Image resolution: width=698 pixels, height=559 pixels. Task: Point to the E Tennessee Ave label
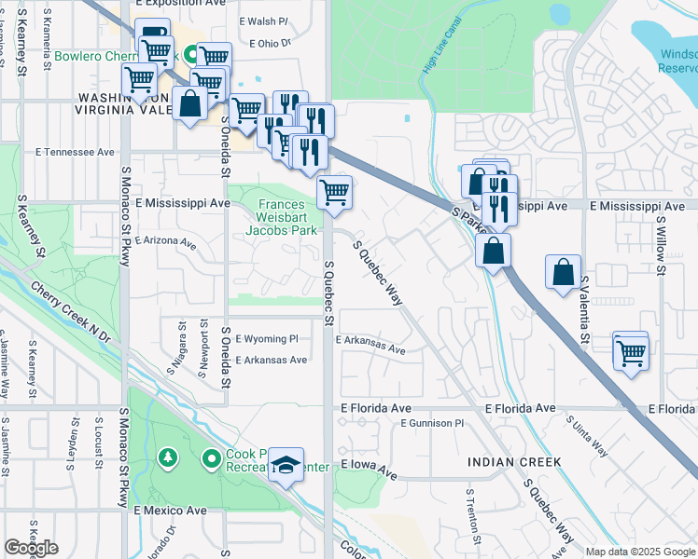tap(75, 152)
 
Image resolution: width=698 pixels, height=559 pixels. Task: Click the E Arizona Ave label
tap(166, 241)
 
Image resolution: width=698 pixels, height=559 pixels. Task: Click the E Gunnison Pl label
tap(431, 423)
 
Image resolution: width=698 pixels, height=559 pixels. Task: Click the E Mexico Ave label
tap(170, 511)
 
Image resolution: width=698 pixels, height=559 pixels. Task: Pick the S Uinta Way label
tap(588, 435)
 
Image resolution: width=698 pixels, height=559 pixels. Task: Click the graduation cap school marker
tap(286, 465)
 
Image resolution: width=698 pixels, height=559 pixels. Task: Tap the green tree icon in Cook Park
tap(167, 457)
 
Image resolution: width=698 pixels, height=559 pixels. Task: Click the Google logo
tap(31, 548)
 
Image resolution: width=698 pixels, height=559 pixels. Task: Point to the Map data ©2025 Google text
tap(639, 552)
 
